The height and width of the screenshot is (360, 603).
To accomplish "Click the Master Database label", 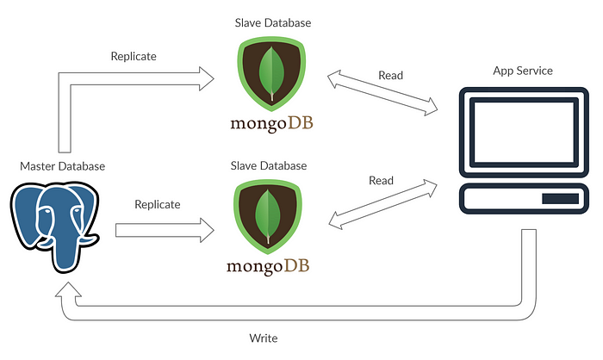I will click(x=62, y=166).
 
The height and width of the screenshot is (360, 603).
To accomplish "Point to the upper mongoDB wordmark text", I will click(x=271, y=124).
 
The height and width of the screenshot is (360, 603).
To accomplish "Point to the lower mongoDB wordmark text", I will click(x=269, y=265).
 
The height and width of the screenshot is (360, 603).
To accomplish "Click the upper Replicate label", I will click(x=134, y=57).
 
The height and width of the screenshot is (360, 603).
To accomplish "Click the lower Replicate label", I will click(x=158, y=205).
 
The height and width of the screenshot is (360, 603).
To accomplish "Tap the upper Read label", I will click(x=390, y=75).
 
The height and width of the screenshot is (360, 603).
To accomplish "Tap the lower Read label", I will click(x=381, y=181).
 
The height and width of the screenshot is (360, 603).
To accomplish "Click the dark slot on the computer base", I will click(x=558, y=201).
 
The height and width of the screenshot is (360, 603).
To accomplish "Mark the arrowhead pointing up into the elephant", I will click(x=65, y=289).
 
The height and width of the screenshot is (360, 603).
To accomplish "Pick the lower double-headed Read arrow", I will click(x=381, y=203).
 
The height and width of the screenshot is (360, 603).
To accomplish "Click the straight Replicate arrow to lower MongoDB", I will click(x=164, y=229).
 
